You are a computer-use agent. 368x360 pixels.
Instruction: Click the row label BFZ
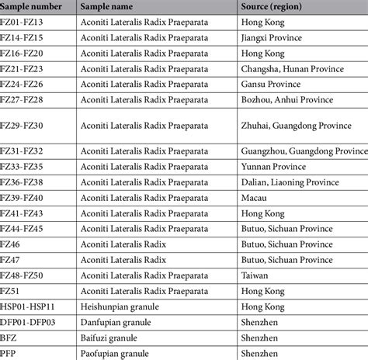tap(9, 338)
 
